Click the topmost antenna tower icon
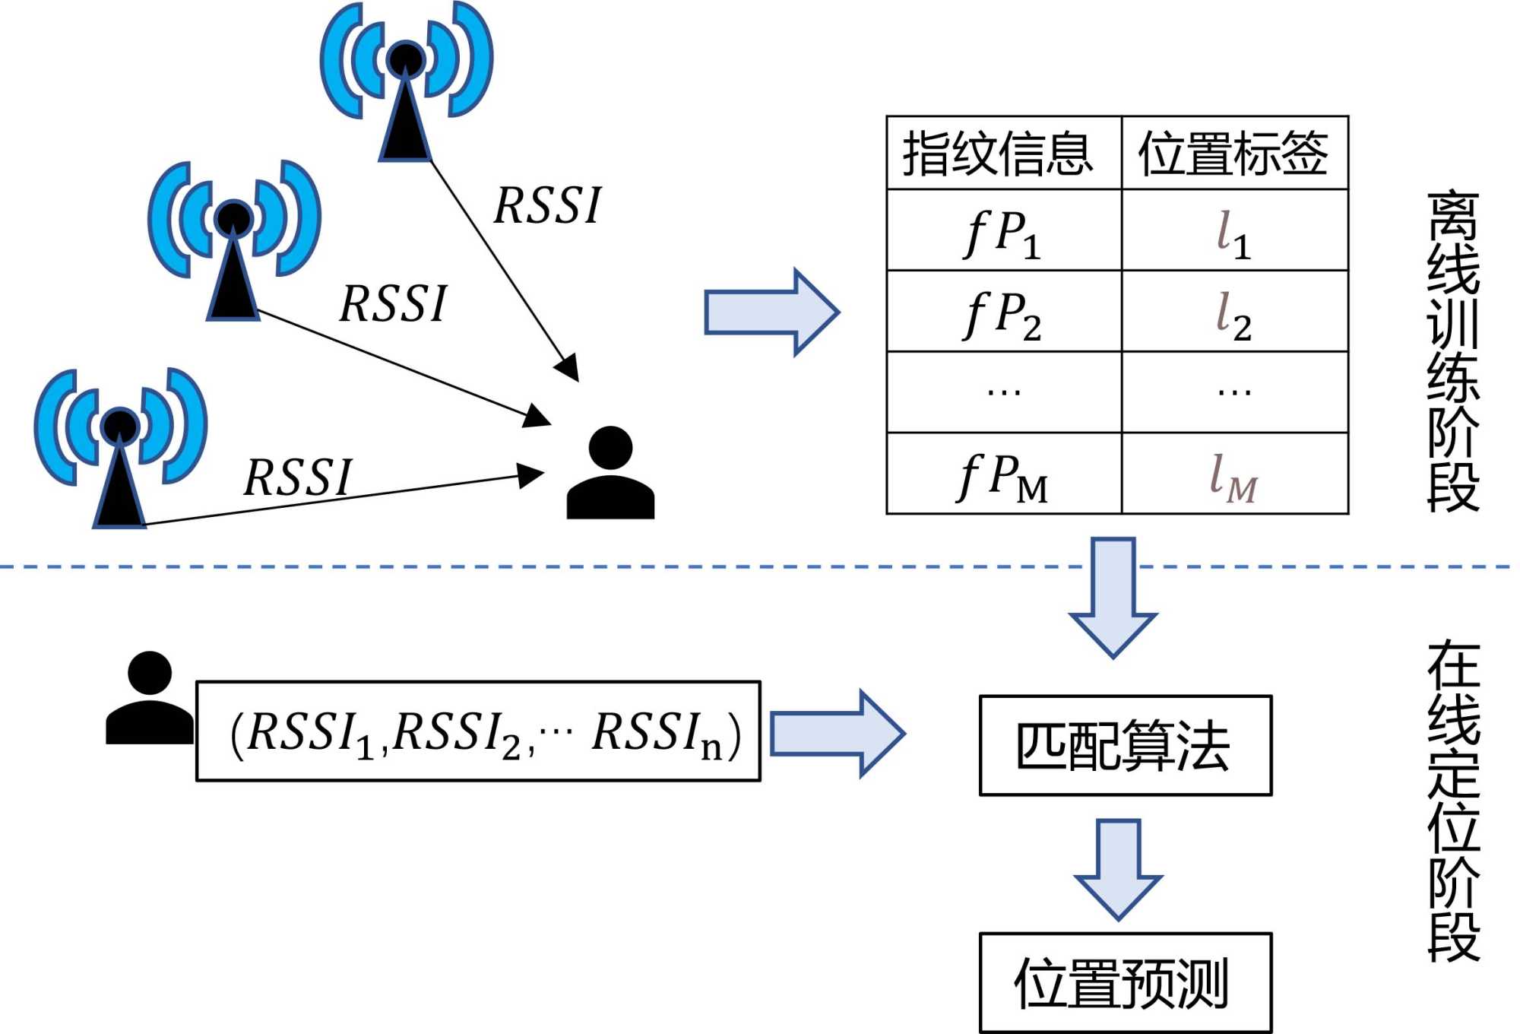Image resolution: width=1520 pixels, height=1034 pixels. point(406,84)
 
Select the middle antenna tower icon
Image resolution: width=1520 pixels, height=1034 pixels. point(233,242)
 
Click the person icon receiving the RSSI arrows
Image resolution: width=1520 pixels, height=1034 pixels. point(610,473)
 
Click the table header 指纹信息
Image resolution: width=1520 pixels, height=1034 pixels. point(1002,154)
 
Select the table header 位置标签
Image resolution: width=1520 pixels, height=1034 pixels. point(1234,154)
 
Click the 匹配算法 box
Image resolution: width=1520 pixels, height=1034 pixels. point(1125,745)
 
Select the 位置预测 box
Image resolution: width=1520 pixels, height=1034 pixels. point(1125,982)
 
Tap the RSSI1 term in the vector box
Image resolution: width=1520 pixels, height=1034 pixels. point(312,733)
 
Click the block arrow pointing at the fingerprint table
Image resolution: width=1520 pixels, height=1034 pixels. point(771,312)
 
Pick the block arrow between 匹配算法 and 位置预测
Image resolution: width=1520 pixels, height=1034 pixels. point(1118,868)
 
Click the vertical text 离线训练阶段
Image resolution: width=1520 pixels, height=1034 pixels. point(1453,351)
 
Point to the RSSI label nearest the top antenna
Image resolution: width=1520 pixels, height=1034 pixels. point(547,205)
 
